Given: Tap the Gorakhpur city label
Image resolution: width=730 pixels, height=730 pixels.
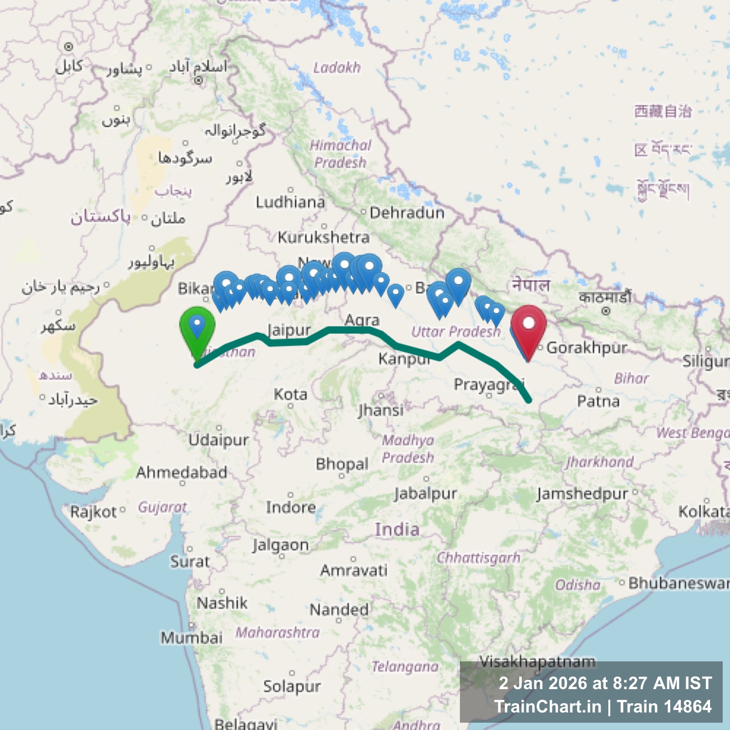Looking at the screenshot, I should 586,348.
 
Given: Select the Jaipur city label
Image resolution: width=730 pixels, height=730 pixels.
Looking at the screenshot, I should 289,330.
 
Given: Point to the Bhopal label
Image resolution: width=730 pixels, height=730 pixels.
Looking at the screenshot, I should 342,464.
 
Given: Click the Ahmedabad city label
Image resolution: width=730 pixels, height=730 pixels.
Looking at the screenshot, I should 182,472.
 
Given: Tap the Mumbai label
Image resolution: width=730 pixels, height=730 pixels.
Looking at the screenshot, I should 192,638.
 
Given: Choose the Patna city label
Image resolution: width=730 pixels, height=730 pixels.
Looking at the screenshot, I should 598,401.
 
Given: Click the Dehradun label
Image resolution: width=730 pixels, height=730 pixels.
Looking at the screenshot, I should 407,213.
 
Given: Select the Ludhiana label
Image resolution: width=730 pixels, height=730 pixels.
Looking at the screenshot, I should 291,202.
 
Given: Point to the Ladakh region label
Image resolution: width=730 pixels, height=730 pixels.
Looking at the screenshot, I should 337,68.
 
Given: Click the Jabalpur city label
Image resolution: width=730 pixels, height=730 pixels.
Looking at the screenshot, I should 425,493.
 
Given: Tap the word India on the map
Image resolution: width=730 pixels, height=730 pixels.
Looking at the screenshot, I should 397,529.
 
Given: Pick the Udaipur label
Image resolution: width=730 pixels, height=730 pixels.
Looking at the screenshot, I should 219,440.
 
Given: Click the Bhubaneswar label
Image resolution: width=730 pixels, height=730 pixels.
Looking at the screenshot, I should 678,583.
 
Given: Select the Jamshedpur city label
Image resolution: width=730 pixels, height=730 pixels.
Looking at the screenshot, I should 582,493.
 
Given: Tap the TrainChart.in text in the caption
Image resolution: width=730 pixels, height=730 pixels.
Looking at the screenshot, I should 548,707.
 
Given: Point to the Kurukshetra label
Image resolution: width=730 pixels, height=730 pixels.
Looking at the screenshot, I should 324,237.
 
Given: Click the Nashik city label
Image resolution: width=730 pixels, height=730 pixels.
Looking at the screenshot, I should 222,603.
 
